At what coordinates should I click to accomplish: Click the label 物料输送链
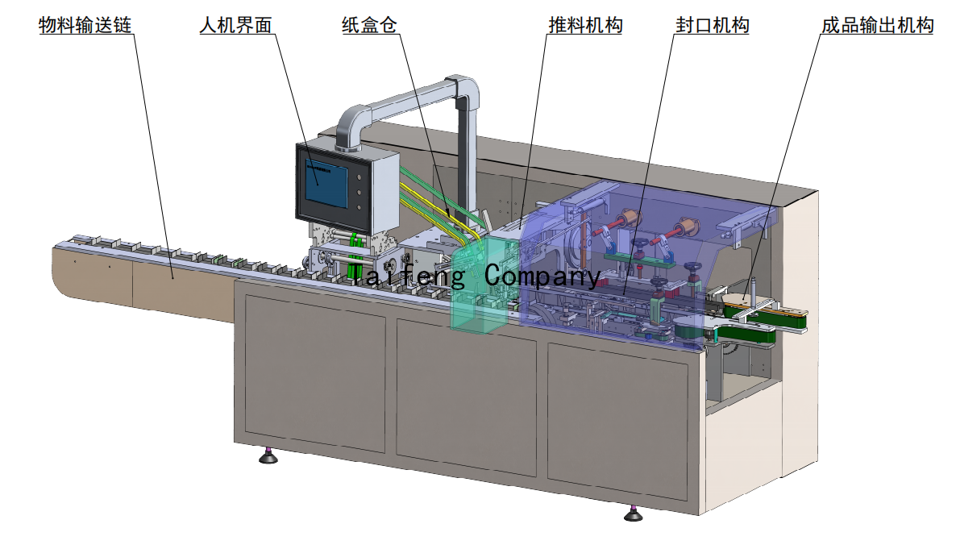(x=85, y=26)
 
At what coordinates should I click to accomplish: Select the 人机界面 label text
(x=236, y=26)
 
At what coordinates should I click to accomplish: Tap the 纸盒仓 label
(x=369, y=26)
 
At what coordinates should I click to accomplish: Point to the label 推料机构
(x=585, y=26)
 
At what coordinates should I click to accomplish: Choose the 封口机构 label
(x=713, y=26)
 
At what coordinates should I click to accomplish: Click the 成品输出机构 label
(x=877, y=26)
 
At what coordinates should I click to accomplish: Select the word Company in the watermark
(x=542, y=276)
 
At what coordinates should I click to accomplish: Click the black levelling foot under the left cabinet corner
(x=268, y=457)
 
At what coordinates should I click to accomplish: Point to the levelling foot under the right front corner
(x=634, y=513)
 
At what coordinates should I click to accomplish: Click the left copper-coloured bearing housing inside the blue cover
(x=626, y=220)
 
